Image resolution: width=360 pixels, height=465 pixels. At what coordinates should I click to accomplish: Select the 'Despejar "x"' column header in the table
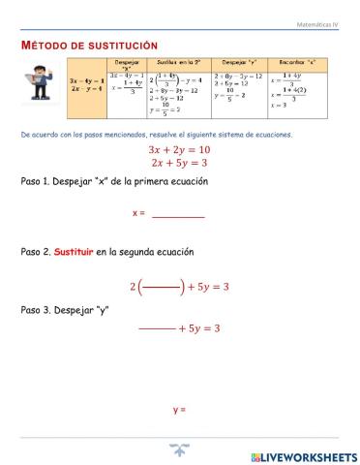[128, 67]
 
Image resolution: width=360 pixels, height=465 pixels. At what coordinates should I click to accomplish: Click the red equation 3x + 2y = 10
[179, 150]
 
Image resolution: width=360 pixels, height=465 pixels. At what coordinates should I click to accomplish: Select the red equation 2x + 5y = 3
[179, 164]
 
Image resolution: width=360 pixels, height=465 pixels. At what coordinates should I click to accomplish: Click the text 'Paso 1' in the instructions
[37, 182]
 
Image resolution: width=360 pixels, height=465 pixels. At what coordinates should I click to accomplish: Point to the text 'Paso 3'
[37, 310]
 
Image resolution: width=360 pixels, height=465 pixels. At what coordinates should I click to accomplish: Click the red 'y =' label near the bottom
[179, 410]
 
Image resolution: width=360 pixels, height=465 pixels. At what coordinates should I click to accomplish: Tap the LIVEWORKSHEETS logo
[303, 455]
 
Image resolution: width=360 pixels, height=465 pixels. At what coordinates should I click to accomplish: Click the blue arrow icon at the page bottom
[179, 449]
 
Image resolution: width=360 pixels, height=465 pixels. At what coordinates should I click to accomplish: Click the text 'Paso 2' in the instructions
[37, 251]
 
